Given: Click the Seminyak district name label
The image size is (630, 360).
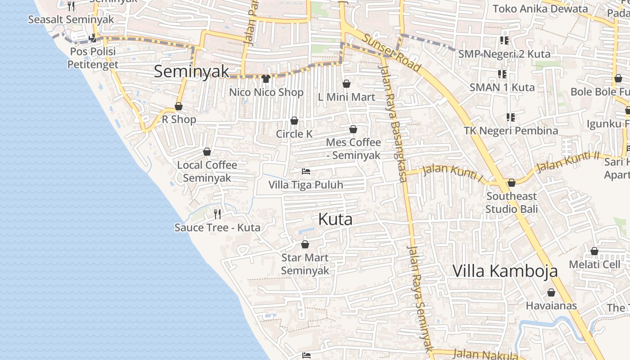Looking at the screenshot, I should coord(192,72).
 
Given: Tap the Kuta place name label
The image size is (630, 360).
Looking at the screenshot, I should coord(335,219).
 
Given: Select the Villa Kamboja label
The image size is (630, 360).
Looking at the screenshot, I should coord(505,271).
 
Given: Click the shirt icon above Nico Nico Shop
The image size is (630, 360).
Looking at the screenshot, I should coord(266,79).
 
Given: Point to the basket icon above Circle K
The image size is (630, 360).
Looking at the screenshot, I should coord(294,121).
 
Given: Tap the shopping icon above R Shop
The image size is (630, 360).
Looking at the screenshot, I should coord(179,106).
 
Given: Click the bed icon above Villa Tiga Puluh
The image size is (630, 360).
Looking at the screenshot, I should coord(306,171).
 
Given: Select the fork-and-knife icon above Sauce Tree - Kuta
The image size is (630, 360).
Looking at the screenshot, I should coord(217,214).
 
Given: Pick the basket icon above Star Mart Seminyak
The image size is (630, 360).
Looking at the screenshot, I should coord(305,244).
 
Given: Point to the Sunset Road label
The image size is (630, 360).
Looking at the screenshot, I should coord(391,53).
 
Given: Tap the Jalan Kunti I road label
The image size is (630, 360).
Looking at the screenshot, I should coord(452,173).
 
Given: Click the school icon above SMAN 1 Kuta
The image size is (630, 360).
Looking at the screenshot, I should coord(502,74).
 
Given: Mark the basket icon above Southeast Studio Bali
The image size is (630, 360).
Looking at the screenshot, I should coord(512,183).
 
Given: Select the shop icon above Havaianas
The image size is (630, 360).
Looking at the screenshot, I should coord(551,292).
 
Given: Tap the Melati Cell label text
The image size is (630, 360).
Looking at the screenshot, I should coord(594,264).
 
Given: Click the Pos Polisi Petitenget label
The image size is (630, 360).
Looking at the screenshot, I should coord(93,58).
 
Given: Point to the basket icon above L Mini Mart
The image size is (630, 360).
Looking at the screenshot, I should coord(346,84).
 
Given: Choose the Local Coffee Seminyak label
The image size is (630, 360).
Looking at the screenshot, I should coord(207,171).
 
